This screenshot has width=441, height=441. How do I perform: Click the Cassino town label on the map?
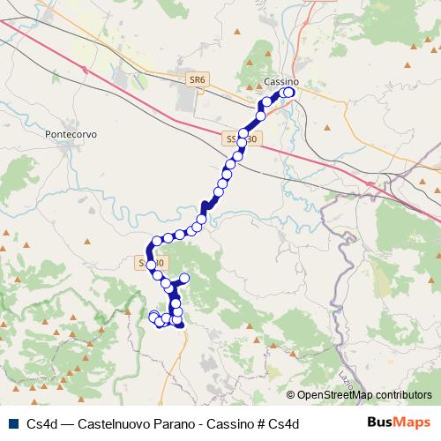click(281, 82)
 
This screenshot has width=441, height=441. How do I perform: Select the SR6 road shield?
click(198, 79)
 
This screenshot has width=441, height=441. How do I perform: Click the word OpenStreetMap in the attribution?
click(334, 395)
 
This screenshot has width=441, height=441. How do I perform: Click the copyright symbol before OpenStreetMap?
click(291, 395)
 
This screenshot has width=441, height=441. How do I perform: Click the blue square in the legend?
click(11, 424)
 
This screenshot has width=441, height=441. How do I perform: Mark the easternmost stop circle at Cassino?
click(289, 92)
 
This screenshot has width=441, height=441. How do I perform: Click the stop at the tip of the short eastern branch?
click(184, 279)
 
